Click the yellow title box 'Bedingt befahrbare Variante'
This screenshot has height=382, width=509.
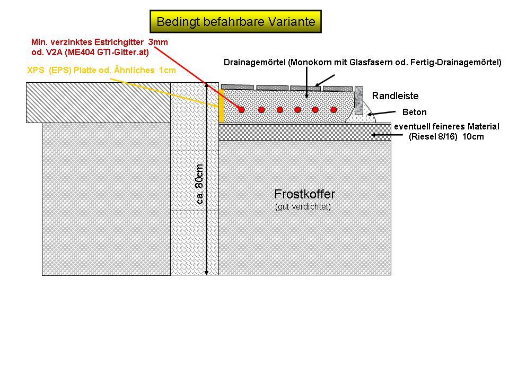tap(235, 21)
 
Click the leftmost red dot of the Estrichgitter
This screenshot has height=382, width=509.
tap(241, 110)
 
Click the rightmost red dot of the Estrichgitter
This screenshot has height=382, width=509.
tap(334, 110)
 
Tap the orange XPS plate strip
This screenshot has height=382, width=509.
tap(222, 106)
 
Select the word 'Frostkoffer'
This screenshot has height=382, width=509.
tap(304, 194)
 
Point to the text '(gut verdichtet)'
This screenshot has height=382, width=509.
tap(303, 206)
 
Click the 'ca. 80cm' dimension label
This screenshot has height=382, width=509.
tap(200, 184)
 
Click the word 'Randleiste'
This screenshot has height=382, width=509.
tap(395, 96)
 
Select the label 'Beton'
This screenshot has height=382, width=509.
tap(414, 112)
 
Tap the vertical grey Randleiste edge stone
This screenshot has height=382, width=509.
tap(359, 101)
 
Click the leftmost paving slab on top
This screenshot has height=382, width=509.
tap(238, 87)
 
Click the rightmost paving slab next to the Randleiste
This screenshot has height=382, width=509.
tap(338, 89)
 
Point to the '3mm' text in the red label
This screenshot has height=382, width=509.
tap(158, 42)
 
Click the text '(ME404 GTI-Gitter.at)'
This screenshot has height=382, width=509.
tap(107, 52)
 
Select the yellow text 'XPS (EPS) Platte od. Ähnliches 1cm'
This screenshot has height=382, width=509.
tap(102, 70)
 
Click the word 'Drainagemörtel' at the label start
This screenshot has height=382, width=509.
tap(255, 62)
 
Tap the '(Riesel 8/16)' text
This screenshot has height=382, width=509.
tap(433, 136)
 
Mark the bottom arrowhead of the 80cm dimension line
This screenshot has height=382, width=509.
tap(206, 272)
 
